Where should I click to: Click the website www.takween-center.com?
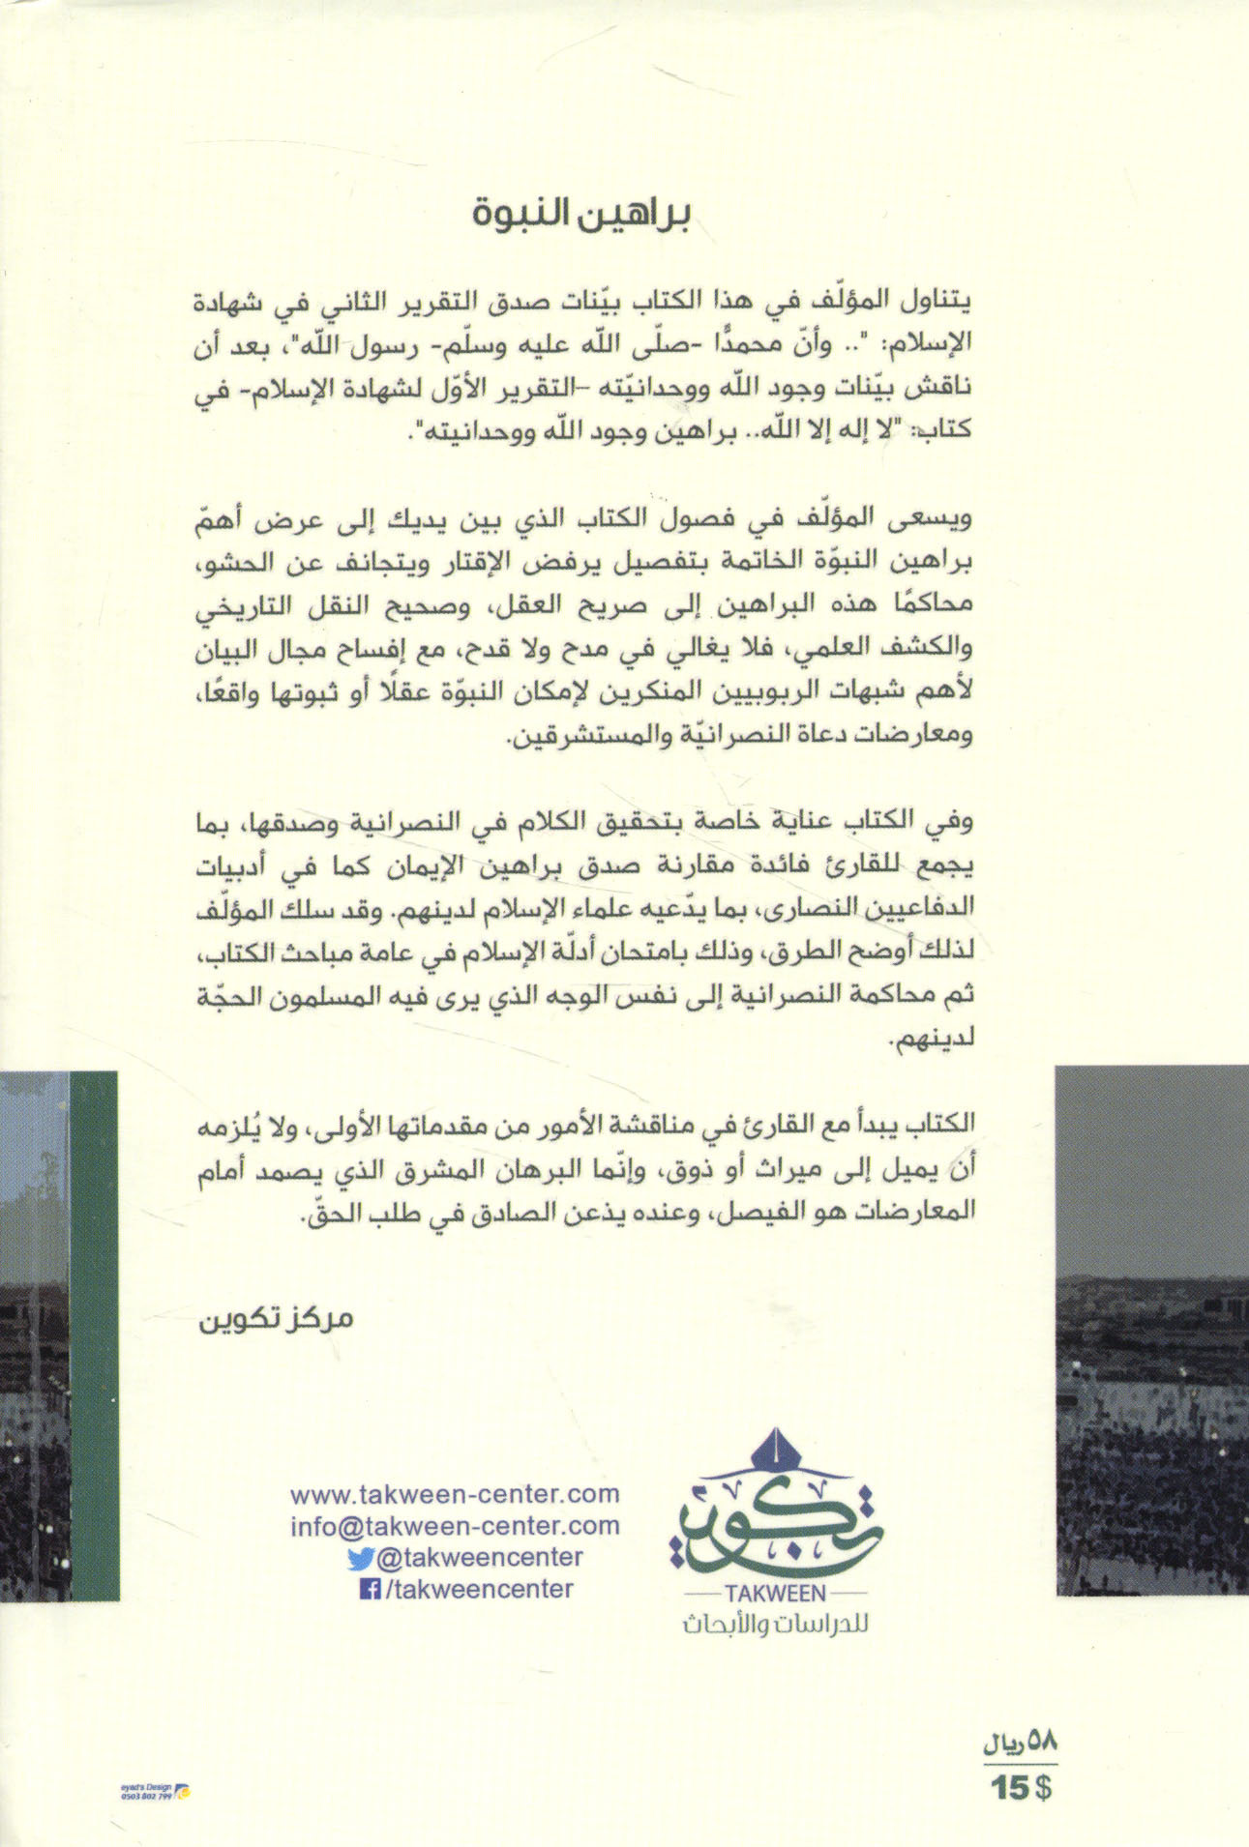click(x=455, y=1493)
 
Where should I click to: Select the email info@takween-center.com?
click(x=455, y=1525)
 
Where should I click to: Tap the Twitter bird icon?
click(x=359, y=1558)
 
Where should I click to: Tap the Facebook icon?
click(x=368, y=1589)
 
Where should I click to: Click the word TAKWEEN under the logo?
click(x=769, y=1594)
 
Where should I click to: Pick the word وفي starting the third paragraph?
click(x=1045, y=827)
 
